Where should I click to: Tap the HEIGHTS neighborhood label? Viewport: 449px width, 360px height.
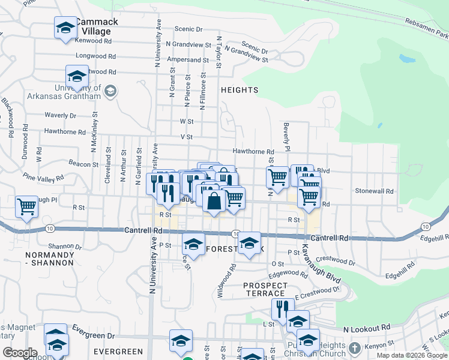pos(239,90)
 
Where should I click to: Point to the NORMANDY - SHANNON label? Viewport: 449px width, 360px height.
pos(50,259)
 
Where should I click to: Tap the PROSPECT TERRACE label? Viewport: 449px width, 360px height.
pos(265,289)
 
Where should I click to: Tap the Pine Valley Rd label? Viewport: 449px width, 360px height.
pos(43,178)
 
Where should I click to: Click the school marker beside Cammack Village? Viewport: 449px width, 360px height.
pos(65,27)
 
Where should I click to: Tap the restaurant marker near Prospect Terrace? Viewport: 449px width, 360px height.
pos(280,308)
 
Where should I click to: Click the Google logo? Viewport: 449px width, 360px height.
pos(20,352)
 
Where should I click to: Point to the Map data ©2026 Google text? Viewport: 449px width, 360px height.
pos(412,355)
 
